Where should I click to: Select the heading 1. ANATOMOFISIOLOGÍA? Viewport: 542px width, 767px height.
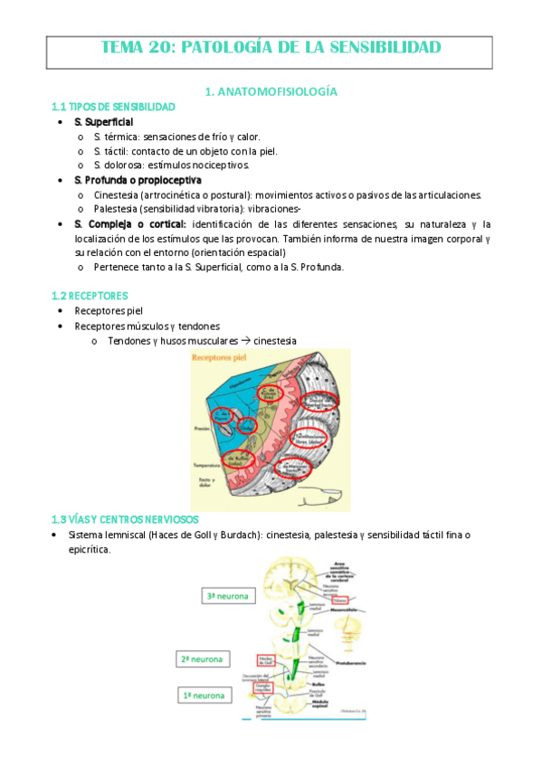pos(271,91)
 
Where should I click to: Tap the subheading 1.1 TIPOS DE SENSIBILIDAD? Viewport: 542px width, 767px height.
pos(113,107)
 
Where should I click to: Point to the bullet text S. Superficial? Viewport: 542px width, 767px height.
pos(103,121)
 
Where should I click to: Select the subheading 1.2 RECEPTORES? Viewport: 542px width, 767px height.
pos(90,296)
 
